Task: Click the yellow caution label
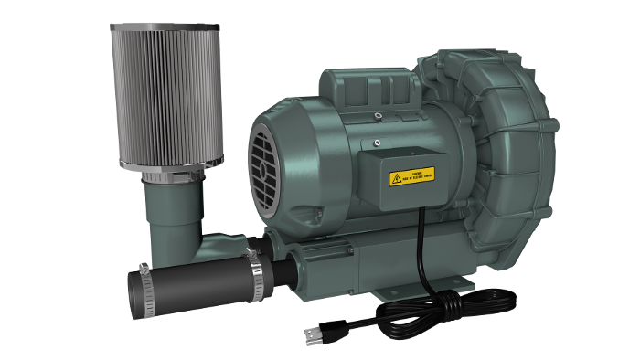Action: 411,175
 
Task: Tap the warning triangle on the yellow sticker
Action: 396,178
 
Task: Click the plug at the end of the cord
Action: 315,336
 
